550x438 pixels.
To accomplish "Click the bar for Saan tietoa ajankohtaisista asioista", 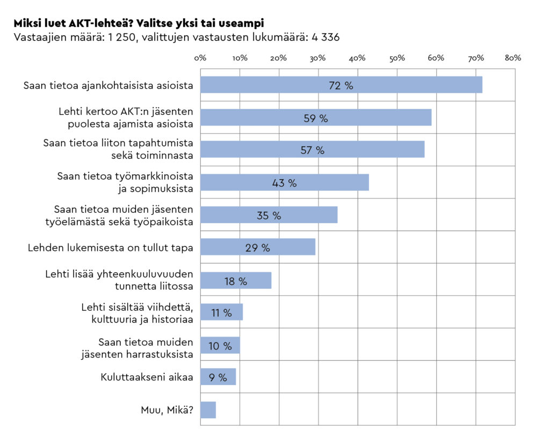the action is [x=341, y=85].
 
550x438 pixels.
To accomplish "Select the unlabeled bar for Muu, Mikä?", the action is [x=208, y=410].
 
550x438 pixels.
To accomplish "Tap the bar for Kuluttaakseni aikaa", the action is [x=218, y=377].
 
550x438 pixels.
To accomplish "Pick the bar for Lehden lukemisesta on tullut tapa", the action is [x=258, y=247].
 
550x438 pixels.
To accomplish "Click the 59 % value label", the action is [x=316, y=118].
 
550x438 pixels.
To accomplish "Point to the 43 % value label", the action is [x=284, y=183].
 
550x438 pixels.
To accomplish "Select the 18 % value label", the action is [x=236, y=281].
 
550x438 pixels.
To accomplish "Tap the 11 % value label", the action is [x=221, y=313].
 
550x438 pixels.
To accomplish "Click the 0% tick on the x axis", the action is [x=200, y=58].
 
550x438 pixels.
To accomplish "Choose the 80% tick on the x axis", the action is [x=513, y=58].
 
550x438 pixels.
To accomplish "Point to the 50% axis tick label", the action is [x=397, y=58].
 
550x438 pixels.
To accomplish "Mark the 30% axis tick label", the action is [x=317, y=58].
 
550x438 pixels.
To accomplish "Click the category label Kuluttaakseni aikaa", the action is [x=147, y=377].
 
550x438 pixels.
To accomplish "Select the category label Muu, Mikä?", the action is [x=167, y=410].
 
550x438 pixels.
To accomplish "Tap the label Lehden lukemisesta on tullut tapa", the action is [x=111, y=248].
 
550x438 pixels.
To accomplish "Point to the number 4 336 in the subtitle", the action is [x=325, y=37].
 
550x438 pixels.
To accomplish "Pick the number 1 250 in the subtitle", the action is [x=121, y=37].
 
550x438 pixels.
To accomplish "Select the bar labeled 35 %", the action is [x=269, y=214].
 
